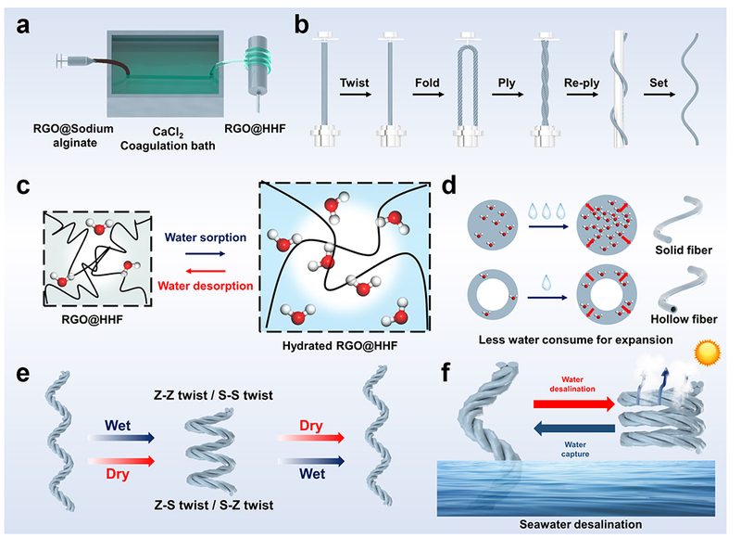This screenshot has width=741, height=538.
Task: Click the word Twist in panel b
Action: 356,67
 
